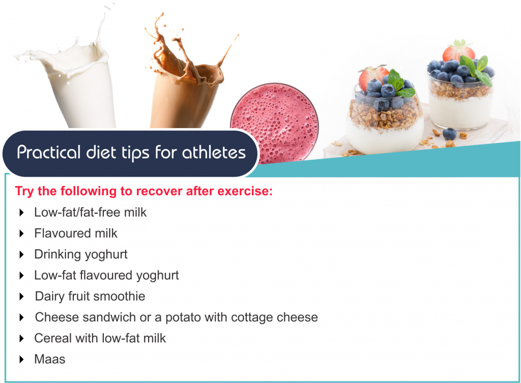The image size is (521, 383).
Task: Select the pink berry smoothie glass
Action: [274, 123]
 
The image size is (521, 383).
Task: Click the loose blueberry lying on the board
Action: [450, 134]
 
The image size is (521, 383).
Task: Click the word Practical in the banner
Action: [49, 153]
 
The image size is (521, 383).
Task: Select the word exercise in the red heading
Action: [244, 191]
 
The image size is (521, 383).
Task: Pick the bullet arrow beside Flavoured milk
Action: [21, 233]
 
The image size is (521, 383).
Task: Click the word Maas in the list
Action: [50, 359]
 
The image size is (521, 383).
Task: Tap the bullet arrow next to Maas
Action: [21, 359]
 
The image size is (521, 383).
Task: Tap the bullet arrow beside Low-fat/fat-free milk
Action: [21, 213]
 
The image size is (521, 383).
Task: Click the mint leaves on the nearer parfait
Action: [400, 84]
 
